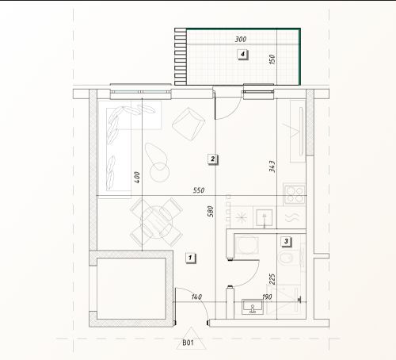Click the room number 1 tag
click(x=190, y=258)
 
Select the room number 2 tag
click(x=212, y=159)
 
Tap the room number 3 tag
click(x=286, y=241)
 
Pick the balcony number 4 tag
click(x=242, y=54)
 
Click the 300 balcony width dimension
click(x=241, y=40)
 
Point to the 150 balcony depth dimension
click(x=272, y=59)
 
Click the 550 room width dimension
click(x=199, y=190)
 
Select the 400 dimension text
click(x=136, y=178)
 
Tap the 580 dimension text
click(x=210, y=212)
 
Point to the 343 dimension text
click(x=272, y=167)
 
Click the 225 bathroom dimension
click(x=272, y=279)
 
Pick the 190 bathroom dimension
click(x=267, y=297)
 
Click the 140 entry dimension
click(x=196, y=297)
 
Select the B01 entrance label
click(x=188, y=343)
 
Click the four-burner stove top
click(x=295, y=194)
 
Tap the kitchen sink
click(x=265, y=217)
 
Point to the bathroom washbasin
click(x=253, y=307)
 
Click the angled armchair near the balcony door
click(x=188, y=124)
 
